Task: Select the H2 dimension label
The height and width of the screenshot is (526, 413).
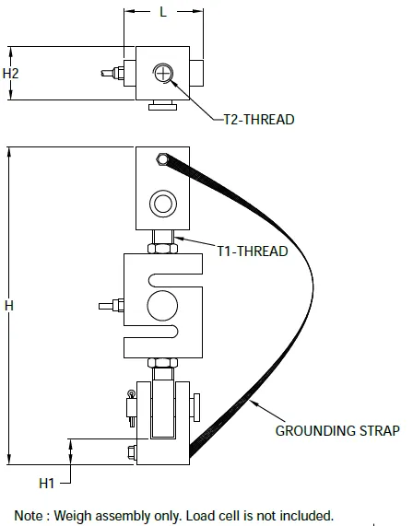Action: (x=12, y=72)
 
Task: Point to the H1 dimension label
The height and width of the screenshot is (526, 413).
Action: (x=49, y=482)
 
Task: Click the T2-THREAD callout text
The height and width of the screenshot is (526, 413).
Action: (x=260, y=120)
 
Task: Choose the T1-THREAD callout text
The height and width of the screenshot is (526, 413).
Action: (x=253, y=251)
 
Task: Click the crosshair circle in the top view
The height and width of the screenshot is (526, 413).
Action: (x=163, y=74)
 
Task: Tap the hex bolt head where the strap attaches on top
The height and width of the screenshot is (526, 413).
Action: (x=162, y=160)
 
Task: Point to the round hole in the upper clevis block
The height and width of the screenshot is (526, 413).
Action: (x=163, y=202)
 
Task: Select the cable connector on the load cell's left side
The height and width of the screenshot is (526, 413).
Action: (x=114, y=304)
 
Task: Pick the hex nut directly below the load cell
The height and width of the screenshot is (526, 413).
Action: (x=163, y=363)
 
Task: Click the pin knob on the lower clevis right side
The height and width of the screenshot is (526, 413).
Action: (x=197, y=406)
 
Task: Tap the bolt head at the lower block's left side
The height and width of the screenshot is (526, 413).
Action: (x=132, y=451)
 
